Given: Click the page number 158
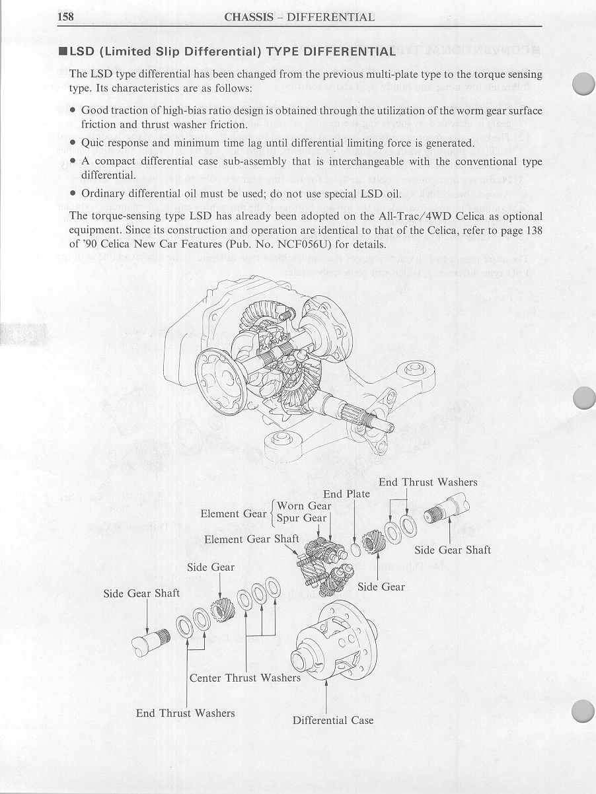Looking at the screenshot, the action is [65, 17].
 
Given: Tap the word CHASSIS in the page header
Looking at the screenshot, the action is [248, 17].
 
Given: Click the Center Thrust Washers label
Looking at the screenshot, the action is [245, 678].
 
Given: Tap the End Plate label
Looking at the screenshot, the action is [346, 494].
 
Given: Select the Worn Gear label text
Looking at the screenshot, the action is [304, 506].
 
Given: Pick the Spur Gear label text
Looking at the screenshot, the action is [301, 518].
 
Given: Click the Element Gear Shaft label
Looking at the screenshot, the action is [252, 539].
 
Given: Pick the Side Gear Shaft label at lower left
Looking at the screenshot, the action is [141, 594].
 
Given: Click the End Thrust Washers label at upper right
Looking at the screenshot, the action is [428, 482].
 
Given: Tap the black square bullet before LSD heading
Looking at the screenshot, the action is [63, 52].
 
